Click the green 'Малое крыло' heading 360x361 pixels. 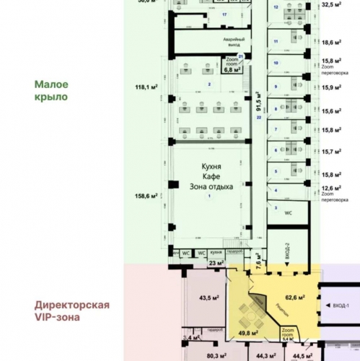pyautogui.click(x=51, y=90)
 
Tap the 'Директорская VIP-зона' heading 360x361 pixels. pyautogui.click(x=71, y=311)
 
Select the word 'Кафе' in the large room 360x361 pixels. pyautogui.click(x=210, y=176)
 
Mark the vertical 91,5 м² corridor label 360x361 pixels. pyautogui.click(x=258, y=103)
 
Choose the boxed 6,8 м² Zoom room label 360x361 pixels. pyautogui.click(x=232, y=70)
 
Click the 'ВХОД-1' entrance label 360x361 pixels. pyautogui.click(x=341, y=306)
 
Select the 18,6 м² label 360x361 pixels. pyautogui.click(x=332, y=43)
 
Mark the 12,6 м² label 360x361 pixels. pyautogui.click(x=332, y=187)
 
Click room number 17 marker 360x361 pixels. pyautogui.click(x=224, y=14)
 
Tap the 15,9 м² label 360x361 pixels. pyautogui.click(x=332, y=87)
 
